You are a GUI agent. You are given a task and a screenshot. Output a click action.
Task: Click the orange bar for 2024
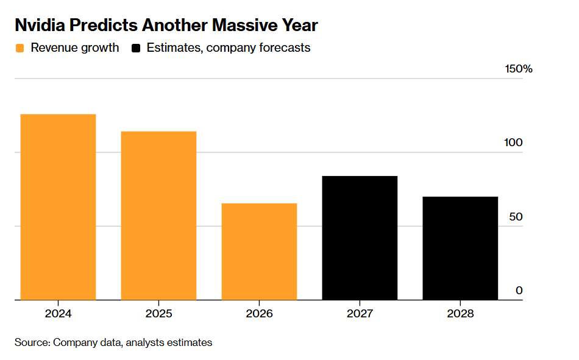[x=58, y=206]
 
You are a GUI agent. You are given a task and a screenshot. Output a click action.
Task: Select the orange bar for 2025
[x=158, y=216]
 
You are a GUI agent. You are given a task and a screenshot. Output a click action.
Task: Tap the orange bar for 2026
[x=259, y=252]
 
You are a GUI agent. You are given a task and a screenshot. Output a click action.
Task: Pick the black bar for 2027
[x=360, y=238]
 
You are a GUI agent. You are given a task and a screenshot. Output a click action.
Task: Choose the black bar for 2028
[x=460, y=248]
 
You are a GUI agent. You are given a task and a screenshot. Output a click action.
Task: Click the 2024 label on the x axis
[x=58, y=314]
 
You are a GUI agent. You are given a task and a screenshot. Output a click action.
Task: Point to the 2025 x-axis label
[x=159, y=314]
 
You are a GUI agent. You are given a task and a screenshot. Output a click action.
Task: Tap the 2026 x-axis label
[x=259, y=314]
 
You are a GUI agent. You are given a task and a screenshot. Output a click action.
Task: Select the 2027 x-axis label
[x=360, y=314]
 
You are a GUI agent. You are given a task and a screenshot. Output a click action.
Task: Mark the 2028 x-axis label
[x=460, y=314]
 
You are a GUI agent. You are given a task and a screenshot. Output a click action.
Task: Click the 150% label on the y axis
[x=519, y=69]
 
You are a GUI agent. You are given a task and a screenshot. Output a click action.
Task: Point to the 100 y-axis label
[x=513, y=143]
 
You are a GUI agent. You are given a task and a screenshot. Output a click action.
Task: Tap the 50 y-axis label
[x=516, y=217]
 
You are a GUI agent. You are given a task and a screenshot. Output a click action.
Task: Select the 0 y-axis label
[x=519, y=291]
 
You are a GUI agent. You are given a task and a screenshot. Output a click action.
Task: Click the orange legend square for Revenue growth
[x=20, y=48]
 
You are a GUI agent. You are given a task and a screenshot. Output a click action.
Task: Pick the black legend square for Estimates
[x=136, y=48]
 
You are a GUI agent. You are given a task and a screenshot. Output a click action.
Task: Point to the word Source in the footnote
[x=32, y=342]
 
